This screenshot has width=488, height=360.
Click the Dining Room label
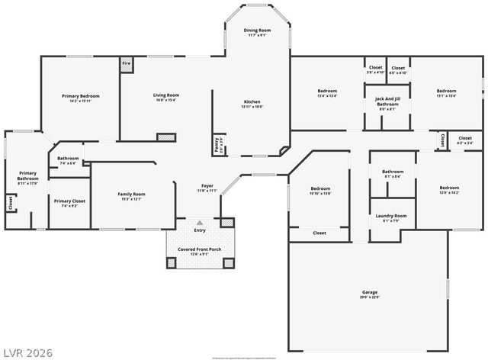click(256, 31)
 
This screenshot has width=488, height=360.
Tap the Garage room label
click(369, 292)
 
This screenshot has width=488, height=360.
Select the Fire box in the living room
click(126, 64)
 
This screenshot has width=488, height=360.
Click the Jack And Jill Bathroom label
click(387, 101)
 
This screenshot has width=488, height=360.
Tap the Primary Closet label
click(69, 201)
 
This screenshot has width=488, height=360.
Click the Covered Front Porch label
click(200, 249)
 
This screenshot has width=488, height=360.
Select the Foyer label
click(207, 185)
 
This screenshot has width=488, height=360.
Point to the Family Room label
click(131, 194)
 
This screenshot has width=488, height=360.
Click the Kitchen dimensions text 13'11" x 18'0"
click(252, 107)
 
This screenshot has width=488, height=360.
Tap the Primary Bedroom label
click(81, 96)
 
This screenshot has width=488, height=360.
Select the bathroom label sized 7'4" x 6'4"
click(68, 159)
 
